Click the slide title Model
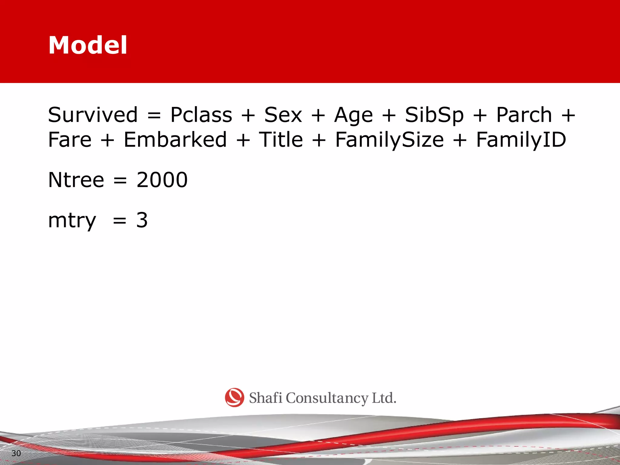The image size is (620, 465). (87, 45)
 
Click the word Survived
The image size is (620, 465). (93, 115)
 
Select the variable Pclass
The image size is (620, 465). (201, 115)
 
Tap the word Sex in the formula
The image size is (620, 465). (283, 115)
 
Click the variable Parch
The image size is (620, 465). (524, 115)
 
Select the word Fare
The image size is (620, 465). (70, 140)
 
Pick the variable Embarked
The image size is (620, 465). (175, 140)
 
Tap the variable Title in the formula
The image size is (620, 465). (281, 140)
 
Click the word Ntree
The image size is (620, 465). (76, 180)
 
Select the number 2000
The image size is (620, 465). (162, 180)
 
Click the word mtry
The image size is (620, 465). (72, 221)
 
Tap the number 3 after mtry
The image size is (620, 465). (142, 220)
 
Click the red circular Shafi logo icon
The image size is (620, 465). (234, 397)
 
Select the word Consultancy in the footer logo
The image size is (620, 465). (327, 398)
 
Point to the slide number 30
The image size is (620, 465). (16, 453)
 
